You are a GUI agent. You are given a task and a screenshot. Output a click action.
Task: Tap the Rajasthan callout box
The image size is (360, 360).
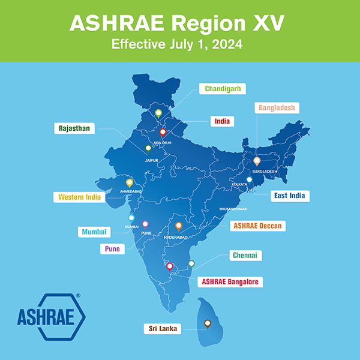click(x=75, y=128)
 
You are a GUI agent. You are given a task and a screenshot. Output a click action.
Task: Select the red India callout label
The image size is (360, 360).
click(x=222, y=121)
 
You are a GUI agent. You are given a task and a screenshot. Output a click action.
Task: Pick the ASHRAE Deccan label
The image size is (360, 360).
click(x=256, y=226)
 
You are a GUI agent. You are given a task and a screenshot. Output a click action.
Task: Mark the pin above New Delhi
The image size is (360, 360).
click(x=163, y=133)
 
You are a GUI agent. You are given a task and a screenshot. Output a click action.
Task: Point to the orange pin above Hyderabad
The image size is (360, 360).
click(x=178, y=226)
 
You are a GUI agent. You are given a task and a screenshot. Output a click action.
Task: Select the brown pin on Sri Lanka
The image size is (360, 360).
click(x=207, y=323)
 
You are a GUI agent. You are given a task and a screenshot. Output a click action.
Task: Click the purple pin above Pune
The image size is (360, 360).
click(x=145, y=224)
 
